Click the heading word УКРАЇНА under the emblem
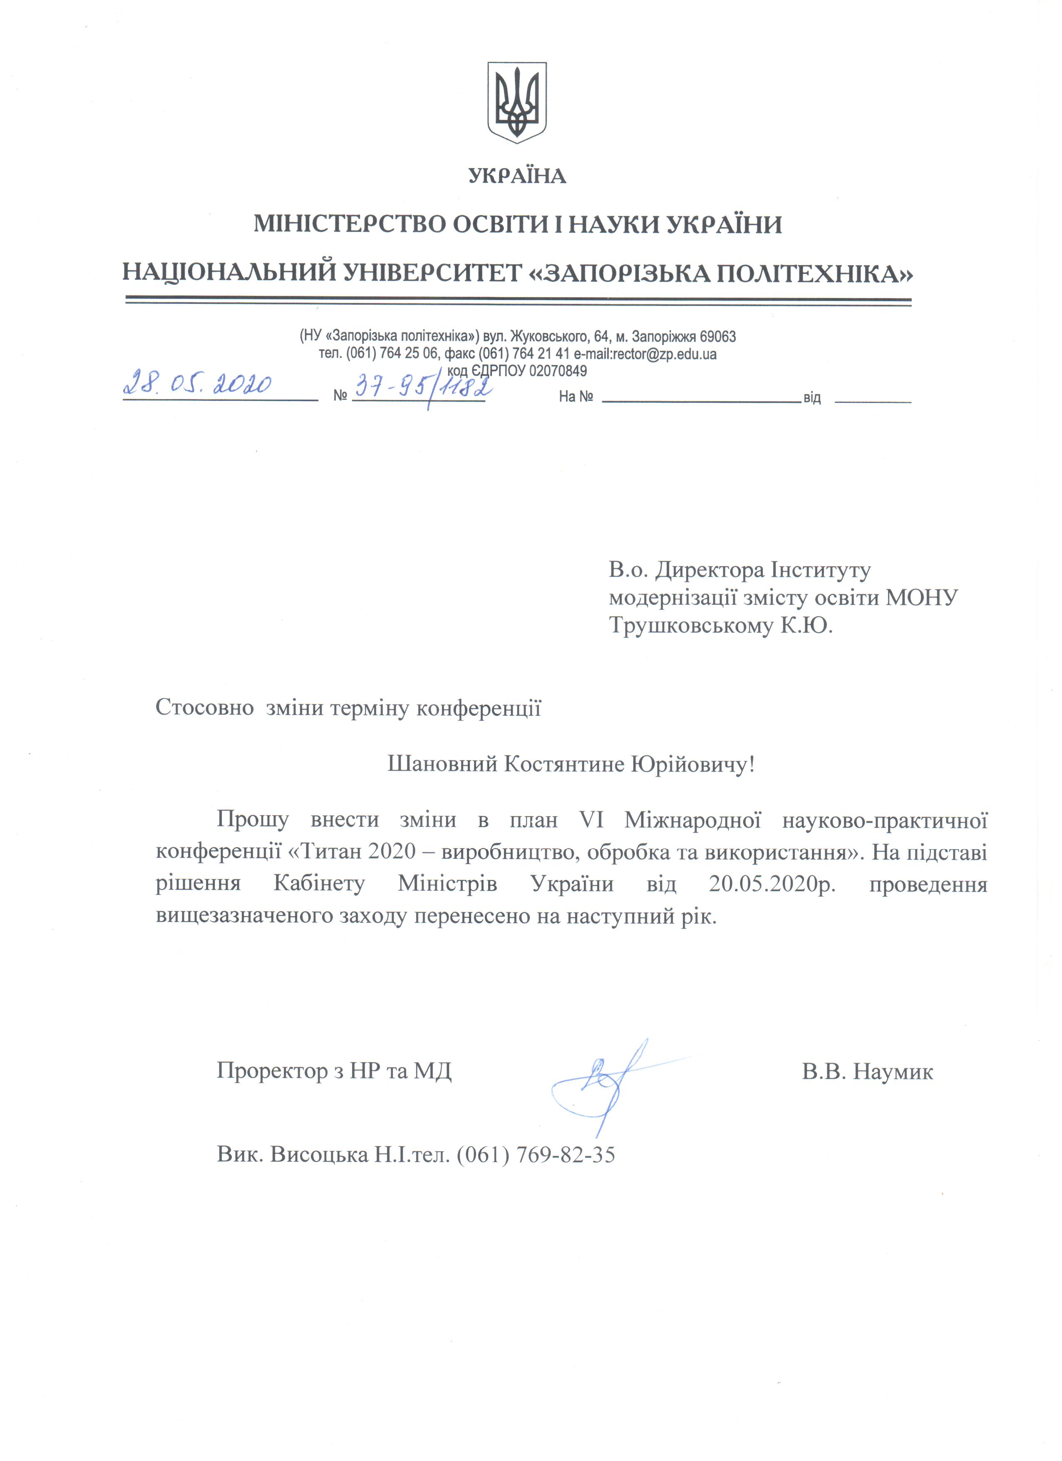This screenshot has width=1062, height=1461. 518,176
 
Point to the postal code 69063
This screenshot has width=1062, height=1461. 717,337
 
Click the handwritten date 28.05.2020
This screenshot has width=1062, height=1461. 197,385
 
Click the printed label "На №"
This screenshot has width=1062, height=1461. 575,397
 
